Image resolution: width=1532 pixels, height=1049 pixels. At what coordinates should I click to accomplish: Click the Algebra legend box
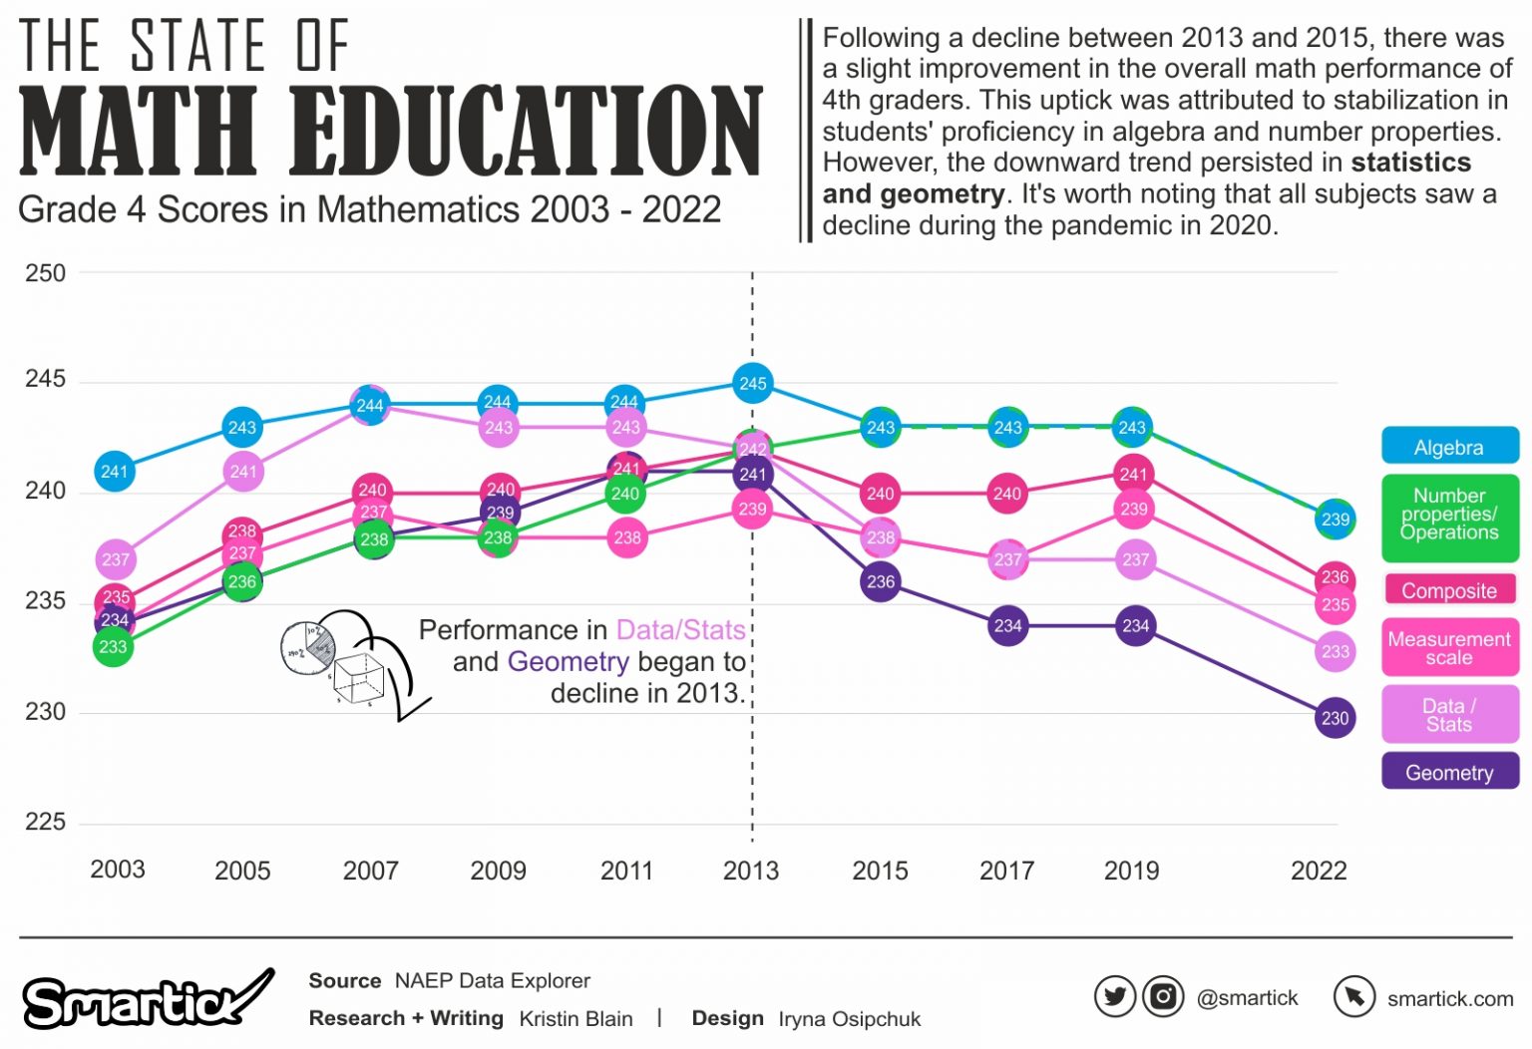[1449, 447]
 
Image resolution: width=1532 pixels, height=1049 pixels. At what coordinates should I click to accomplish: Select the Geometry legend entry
[1449, 772]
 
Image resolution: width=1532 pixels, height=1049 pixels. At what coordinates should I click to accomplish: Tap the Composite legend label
[1449, 590]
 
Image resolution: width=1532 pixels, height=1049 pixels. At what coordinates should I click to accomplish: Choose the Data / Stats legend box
[1449, 714]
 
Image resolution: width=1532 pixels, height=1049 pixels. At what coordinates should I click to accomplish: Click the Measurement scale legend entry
[1449, 648]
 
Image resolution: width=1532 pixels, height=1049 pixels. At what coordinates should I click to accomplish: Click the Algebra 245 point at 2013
[753, 383]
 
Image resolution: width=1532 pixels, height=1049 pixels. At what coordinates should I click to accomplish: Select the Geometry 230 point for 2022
[1335, 717]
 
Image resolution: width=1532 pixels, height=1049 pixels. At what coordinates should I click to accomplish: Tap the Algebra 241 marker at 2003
[115, 471]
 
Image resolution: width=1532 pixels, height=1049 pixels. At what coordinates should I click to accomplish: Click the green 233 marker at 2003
[114, 646]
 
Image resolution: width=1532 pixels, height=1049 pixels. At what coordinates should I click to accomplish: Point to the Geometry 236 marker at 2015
[880, 581]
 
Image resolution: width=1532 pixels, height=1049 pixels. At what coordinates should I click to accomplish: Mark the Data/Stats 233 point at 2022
[1335, 651]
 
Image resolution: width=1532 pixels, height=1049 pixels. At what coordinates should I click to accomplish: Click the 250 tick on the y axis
[45, 272]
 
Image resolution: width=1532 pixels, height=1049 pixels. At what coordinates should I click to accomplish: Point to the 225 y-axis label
[45, 822]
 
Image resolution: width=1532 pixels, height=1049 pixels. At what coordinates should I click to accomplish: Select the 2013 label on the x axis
[751, 871]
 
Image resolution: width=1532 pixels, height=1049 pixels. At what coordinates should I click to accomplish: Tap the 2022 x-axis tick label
[1319, 871]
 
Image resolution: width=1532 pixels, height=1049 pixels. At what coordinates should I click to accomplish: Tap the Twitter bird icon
[1114, 996]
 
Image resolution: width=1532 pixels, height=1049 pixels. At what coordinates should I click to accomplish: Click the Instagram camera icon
[1162, 996]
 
